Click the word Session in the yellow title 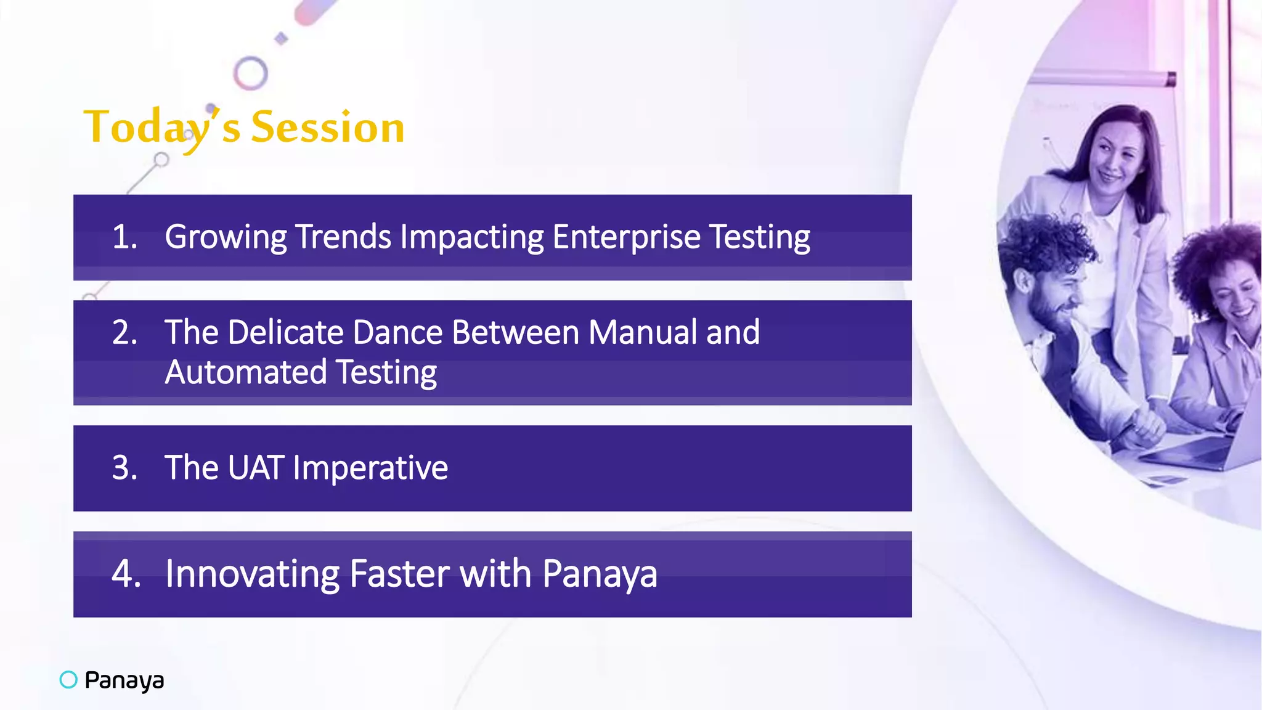coord(327,128)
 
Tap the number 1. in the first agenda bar coord(124,237)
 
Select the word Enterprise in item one coord(626,237)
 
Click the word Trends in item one coord(343,237)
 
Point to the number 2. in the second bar coord(124,332)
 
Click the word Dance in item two coord(397,332)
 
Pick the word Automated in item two coord(245,372)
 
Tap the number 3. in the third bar coord(124,468)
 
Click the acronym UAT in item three coord(255,468)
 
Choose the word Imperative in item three coord(370,468)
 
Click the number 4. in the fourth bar coord(126,574)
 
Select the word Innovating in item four coord(252,574)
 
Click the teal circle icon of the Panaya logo coord(68,680)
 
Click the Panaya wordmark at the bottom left coord(124,680)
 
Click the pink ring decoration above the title coord(251,73)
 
